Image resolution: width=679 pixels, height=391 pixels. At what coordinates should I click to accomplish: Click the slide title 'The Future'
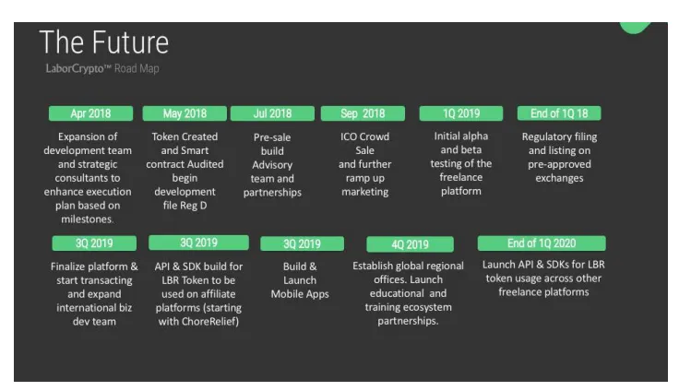pos(104,42)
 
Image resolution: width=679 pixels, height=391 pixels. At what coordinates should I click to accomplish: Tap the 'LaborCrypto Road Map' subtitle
pos(102,68)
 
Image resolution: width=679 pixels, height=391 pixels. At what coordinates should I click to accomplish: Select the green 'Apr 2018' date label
pos(90,113)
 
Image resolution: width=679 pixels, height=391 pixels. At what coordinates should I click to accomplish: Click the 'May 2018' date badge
pos(185,113)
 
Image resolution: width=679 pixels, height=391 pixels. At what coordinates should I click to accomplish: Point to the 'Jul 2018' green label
pos(272,113)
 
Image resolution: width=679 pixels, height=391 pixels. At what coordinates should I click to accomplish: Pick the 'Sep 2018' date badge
pos(363,113)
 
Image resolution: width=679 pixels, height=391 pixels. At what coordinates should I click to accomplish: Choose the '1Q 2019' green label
pos(461,113)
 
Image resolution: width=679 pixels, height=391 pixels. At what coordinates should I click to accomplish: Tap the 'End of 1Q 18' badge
pos(559,113)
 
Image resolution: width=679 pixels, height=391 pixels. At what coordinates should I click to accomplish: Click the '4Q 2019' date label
pos(411,244)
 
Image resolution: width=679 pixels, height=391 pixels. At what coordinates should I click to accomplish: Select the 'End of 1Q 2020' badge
pos(542,243)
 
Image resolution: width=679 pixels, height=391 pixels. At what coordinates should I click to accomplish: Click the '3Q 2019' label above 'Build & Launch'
pos(303,243)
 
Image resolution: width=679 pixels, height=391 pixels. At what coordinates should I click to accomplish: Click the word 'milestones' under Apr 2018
pos(87,219)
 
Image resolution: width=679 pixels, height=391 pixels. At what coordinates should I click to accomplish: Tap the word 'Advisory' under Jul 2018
pos(272,165)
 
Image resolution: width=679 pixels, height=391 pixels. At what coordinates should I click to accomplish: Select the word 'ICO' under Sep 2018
pos(349,136)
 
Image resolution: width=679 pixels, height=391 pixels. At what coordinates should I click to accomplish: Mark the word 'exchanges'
pos(559,178)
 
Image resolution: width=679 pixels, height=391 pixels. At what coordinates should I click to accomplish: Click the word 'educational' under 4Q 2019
pos(397,293)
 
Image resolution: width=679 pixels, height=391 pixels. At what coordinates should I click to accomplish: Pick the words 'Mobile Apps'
pos(300,294)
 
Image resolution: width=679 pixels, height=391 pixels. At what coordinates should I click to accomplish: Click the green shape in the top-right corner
pos(635,28)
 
